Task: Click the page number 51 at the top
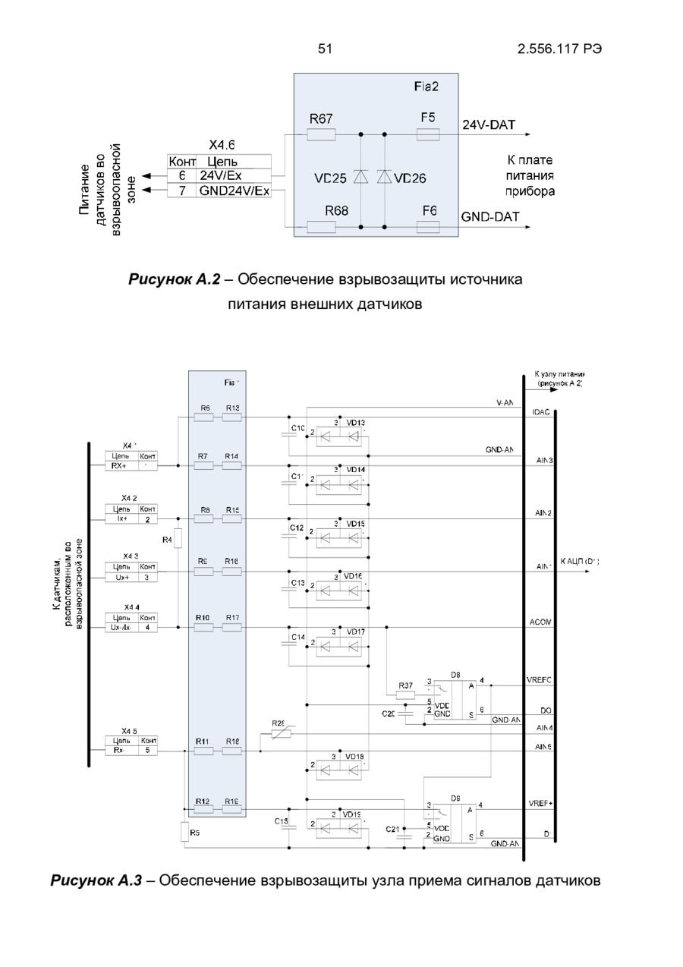(325, 49)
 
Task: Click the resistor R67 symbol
(321, 135)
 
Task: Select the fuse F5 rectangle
(428, 135)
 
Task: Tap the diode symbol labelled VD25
(360, 178)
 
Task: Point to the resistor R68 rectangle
(321, 226)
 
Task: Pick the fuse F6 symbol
(428, 226)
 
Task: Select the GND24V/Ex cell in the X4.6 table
(234, 191)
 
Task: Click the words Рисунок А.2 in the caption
(175, 280)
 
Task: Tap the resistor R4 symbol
(176, 540)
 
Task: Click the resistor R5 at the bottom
(184, 833)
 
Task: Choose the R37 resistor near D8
(406, 693)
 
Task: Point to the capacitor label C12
(297, 527)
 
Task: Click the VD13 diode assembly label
(356, 423)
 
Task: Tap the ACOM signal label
(542, 622)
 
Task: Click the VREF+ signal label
(540, 803)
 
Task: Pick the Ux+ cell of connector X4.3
(121, 577)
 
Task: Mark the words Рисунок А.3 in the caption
(96, 880)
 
